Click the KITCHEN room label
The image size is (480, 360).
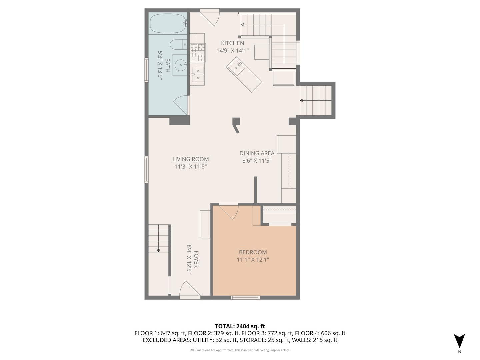pos(232,43)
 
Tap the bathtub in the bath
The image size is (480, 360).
pos(168,23)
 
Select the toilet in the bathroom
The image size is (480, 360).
pos(177,44)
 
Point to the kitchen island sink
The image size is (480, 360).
pos(237,66)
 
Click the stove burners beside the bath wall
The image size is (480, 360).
pos(198,53)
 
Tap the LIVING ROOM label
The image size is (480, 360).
pos(190,159)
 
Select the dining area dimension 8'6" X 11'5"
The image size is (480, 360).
pos(257,161)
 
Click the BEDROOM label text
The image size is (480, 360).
pos(253,252)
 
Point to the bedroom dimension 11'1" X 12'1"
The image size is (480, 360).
pos(253,260)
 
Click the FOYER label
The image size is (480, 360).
pos(196,259)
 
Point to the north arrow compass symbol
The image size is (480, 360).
pos(459,341)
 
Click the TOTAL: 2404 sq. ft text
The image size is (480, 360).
pos(240,326)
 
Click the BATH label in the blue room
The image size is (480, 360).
pos(167,66)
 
